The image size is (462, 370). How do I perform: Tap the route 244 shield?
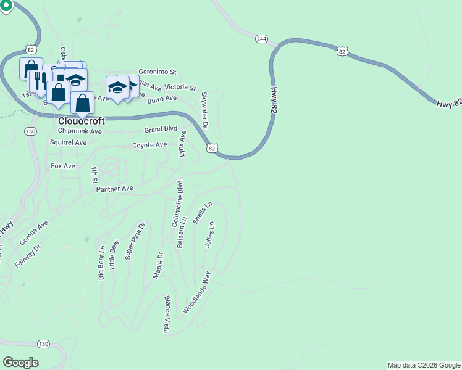pyautogui.click(x=261, y=39)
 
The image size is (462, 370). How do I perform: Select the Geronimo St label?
pyautogui.click(x=157, y=72)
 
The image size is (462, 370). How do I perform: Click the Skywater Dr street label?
pyautogui.click(x=204, y=109)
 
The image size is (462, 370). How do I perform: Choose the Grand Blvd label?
pyautogui.click(x=161, y=129)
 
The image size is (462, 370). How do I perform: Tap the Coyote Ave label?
pyautogui.click(x=149, y=145)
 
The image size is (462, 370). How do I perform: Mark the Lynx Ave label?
pyautogui.click(x=183, y=144)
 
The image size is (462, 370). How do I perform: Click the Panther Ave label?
pyautogui.click(x=114, y=189)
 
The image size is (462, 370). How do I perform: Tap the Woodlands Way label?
pyautogui.click(x=201, y=292)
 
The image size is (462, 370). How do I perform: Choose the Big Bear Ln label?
pyautogui.click(x=101, y=263)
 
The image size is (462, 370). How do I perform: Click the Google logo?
pyautogui.click(x=20, y=363)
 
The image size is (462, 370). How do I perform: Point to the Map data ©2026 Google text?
pyautogui.click(x=424, y=365)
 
